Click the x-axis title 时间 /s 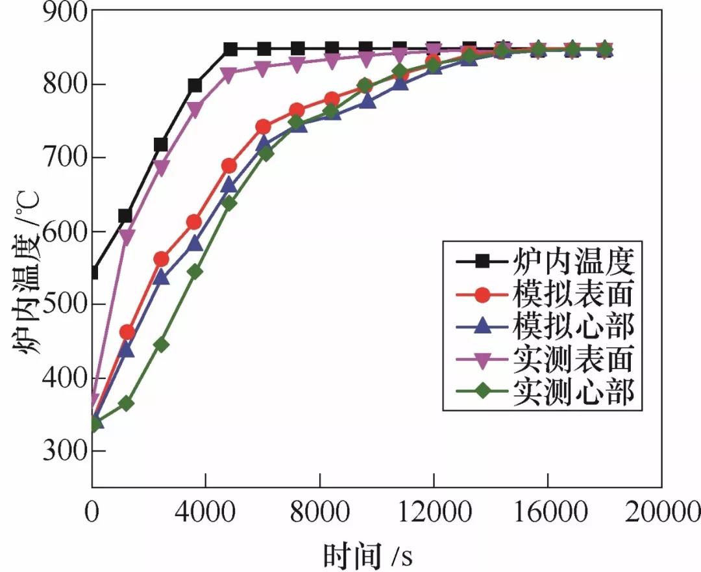click(367, 554)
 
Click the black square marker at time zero click(93, 272)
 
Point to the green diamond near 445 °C click(161, 344)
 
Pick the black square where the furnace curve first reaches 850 click(230, 49)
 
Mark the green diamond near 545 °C click(195, 272)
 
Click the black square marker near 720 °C click(161, 144)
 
